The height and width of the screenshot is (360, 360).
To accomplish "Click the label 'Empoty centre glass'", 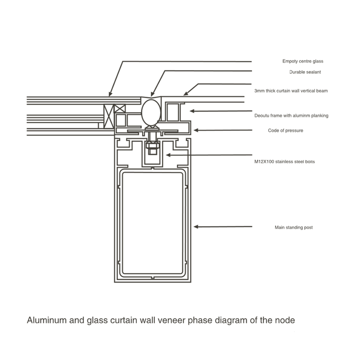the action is (x=302, y=61).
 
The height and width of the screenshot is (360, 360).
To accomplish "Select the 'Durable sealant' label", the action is (x=305, y=72).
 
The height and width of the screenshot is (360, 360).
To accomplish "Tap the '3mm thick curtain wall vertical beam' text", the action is (x=291, y=91).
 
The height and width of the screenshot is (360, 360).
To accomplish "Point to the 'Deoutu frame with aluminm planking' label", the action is (x=291, y=116).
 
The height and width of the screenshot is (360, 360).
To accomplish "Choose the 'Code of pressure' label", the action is (x=285, y=130).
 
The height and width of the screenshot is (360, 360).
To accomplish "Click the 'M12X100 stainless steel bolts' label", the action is (x=284, y=162).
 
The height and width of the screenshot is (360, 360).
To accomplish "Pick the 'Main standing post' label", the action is (x=294, y=227).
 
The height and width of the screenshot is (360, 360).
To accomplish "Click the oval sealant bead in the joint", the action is (x=151, y=113).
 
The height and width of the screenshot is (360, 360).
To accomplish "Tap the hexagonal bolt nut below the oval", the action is (x=153, y=145).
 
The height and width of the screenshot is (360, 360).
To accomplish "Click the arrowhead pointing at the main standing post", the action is (x=196, y=227).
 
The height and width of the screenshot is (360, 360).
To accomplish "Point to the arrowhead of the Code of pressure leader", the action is (x=196, y=130).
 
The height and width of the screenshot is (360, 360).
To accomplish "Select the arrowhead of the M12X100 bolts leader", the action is (x=168, y=155).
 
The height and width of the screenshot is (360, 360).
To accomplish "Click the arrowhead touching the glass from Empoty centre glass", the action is (x=110, y=94).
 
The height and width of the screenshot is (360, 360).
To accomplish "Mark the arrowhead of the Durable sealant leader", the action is (x=153, y=94).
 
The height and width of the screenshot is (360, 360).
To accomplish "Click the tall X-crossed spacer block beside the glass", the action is (x=108, y=116).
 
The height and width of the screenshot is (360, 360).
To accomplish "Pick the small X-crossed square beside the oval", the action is (x=120, y=108).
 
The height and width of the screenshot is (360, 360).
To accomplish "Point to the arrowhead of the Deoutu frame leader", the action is (x=192, y=111).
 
